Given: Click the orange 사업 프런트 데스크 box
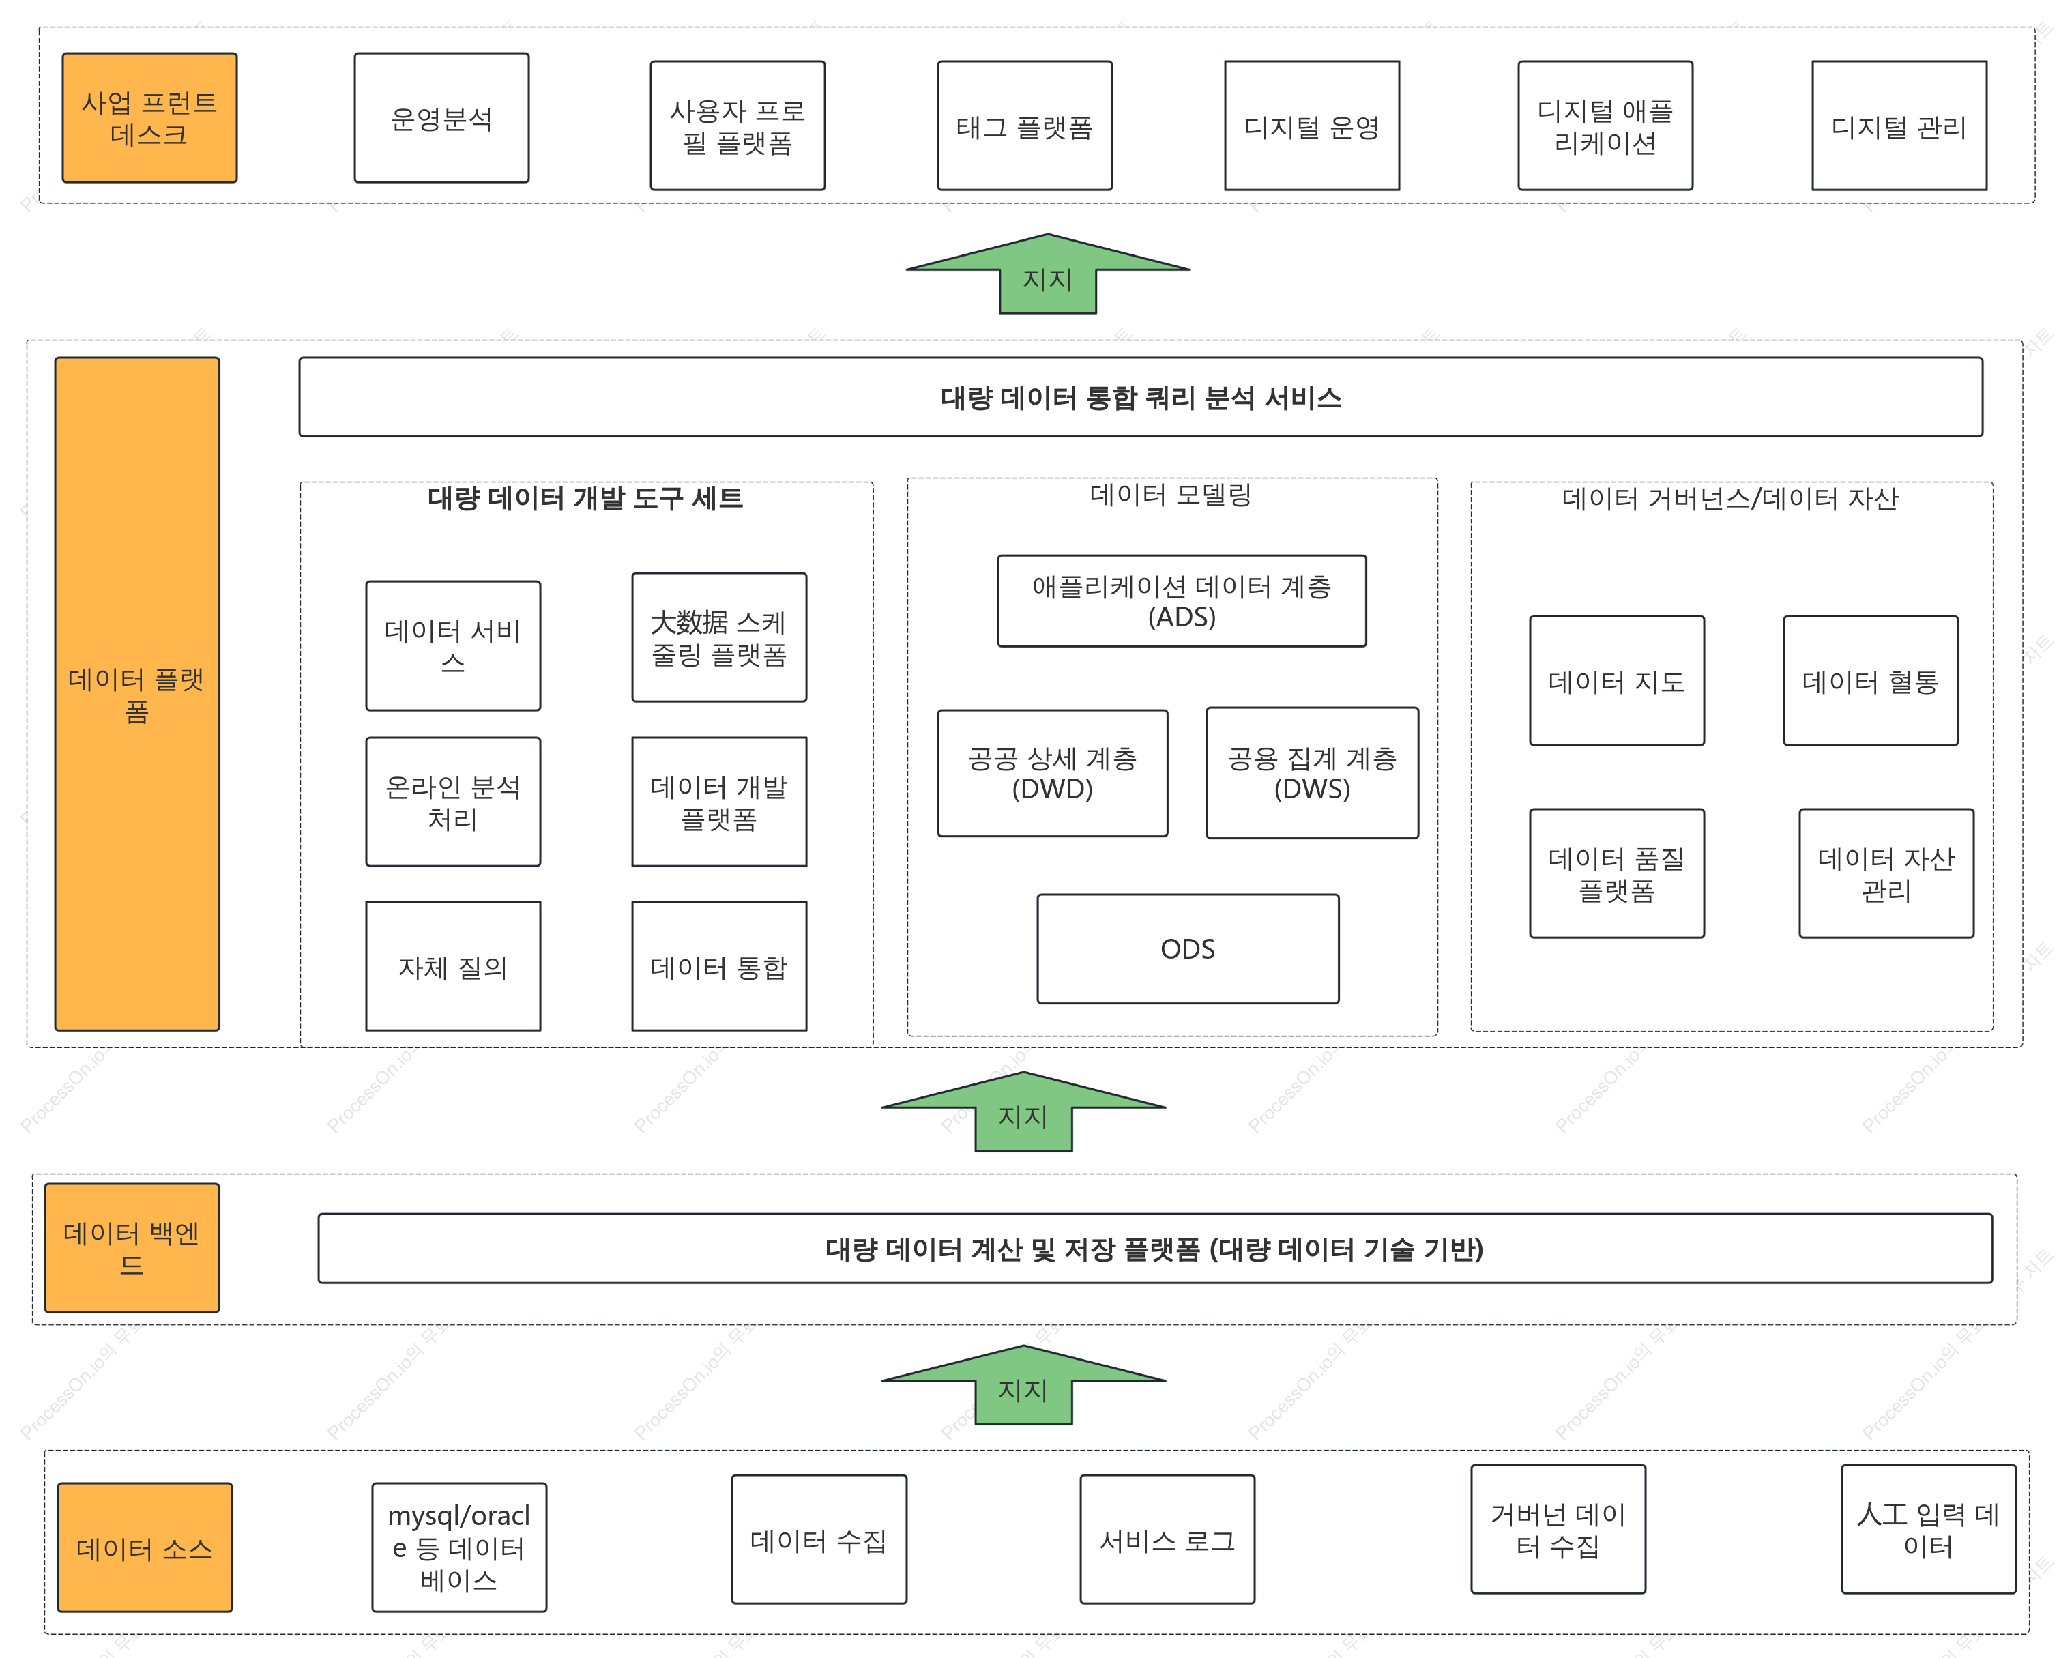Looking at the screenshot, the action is (x=149, y=117).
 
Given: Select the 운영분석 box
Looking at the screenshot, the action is (x=441, y=117).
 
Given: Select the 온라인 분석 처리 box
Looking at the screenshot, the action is (x=453, y=801).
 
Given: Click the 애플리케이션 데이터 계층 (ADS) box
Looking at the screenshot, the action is (x=1182, y=600).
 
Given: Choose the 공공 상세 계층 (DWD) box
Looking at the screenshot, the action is (x=1053, y=772).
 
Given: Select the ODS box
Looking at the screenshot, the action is (x=1188, y=948).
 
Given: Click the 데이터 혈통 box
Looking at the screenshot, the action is (x=1870, y=680).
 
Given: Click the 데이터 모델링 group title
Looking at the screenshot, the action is (x=1171, y=494).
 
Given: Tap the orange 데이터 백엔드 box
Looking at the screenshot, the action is (x=132, y=1247).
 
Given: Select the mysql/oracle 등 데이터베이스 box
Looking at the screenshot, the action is (x=459, y=1547).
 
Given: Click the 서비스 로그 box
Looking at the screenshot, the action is (x=1167, y=1539).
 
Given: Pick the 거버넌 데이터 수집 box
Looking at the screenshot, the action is (x=1558, y=1529).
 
